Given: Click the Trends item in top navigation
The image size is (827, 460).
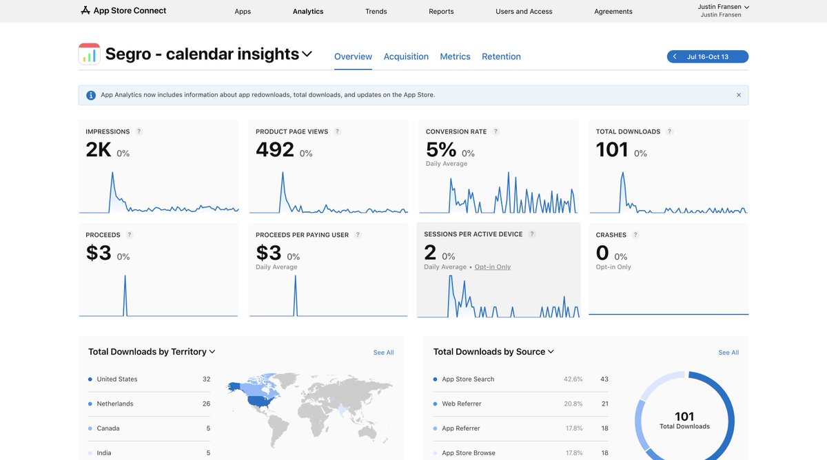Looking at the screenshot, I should pyautogui.click(x=376, y=11).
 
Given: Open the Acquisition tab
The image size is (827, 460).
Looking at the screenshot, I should pyautogui.click(x=406, y=56).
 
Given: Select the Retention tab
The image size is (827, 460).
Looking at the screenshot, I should pyautogui.click(x=501, y=56).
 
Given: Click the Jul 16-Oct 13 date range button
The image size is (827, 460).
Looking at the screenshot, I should pyautogui.click(x=707, y=56).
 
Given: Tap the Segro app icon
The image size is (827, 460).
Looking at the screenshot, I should pyautogui.click(x=89, y=54).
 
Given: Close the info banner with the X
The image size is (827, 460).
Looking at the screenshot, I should pyautogui.click(x=739, y=95).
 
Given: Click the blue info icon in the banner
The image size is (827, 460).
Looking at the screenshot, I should pyautogui.click(x=91, y=95).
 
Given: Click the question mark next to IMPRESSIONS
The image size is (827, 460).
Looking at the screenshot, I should pyautogui.click(x=139, y=132).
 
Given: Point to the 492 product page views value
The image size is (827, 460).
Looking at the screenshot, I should pyautogui.click(x=275, y=149).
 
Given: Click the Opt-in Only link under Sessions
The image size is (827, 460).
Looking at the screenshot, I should pyautogui.click(x=493, y=267).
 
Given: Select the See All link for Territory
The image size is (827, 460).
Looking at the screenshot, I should pyautogui.click(x=383, y=353).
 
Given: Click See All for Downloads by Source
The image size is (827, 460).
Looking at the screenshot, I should pyautogui.click(x=728, y=353).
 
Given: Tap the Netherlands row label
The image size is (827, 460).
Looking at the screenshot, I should pyautogui.click(x=115, y=404).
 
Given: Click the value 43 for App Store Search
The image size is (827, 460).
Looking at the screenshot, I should pyautogui.click(x=604, y=379).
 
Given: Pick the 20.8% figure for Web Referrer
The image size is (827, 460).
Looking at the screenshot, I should pyautogui.click(x=573, y=404).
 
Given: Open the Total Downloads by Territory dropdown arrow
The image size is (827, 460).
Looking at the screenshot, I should pyautogui.click(x=212, y=352).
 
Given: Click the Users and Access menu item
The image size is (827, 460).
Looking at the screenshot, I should pyautogui.click(x=524, y=11).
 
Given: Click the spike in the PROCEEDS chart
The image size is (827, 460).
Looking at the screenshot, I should pyautogui.click(x=125, y=289).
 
